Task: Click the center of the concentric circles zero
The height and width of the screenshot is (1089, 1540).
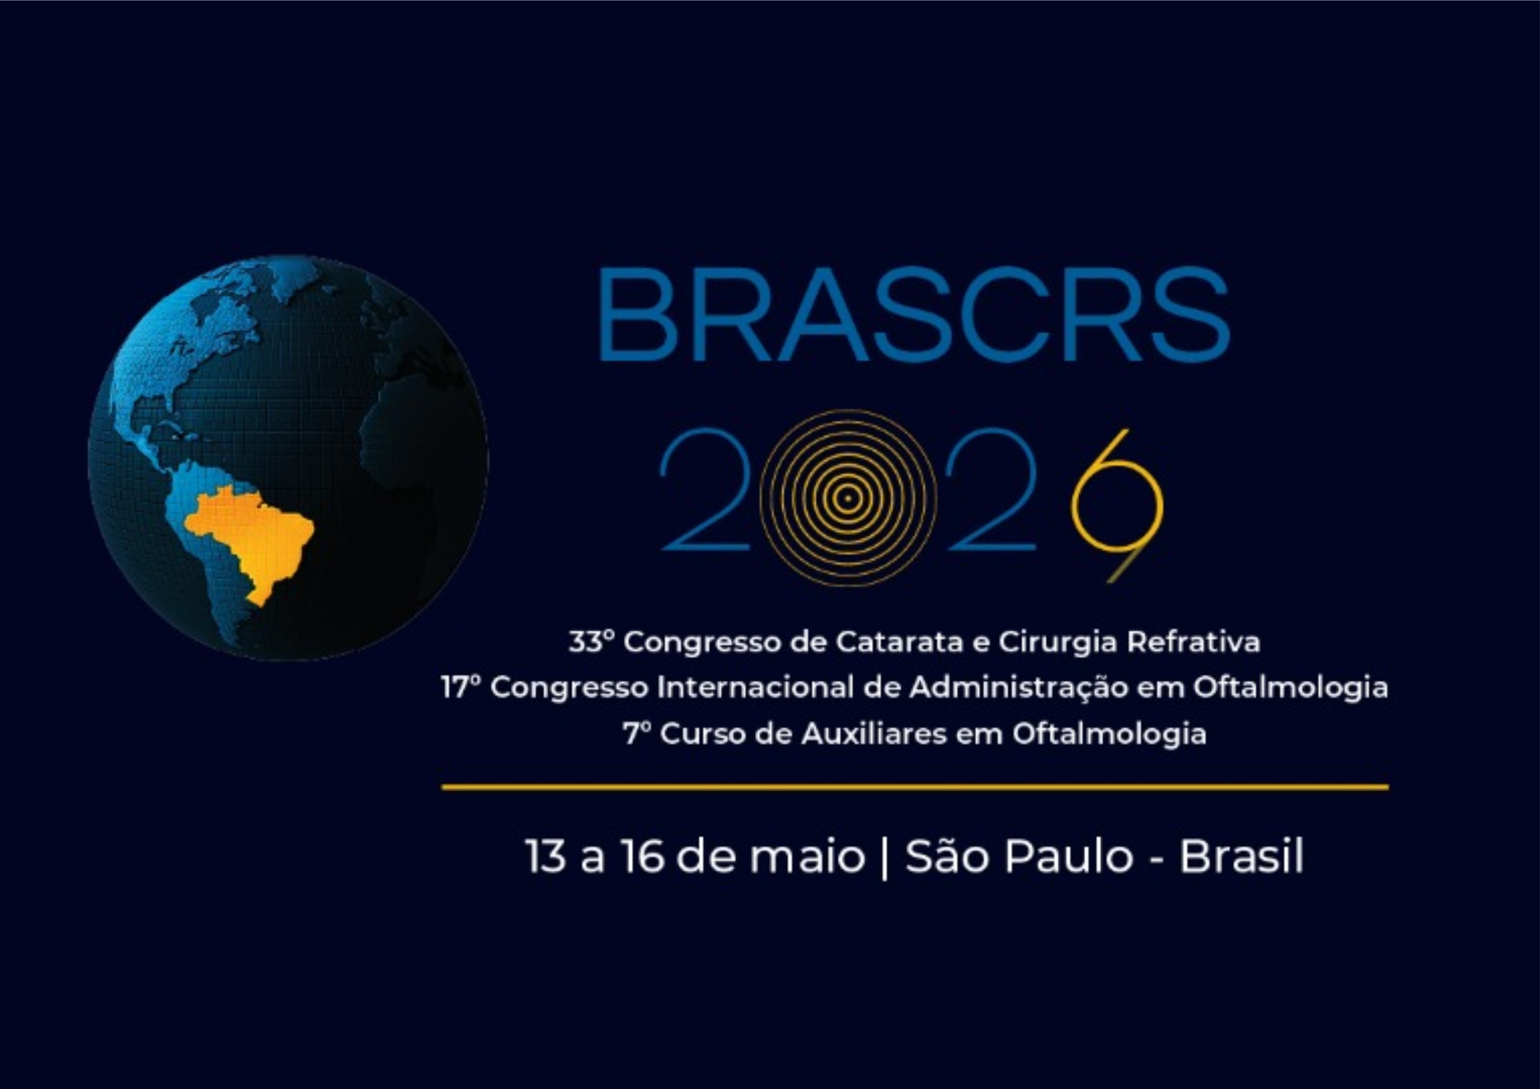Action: [848, 498]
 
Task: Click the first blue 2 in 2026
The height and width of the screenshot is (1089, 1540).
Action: [704, 489]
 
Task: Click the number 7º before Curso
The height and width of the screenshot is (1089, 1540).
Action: [637, 733]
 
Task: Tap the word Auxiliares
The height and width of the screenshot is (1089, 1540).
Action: [874, 733]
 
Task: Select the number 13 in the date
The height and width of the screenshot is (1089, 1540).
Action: [545, 857]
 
